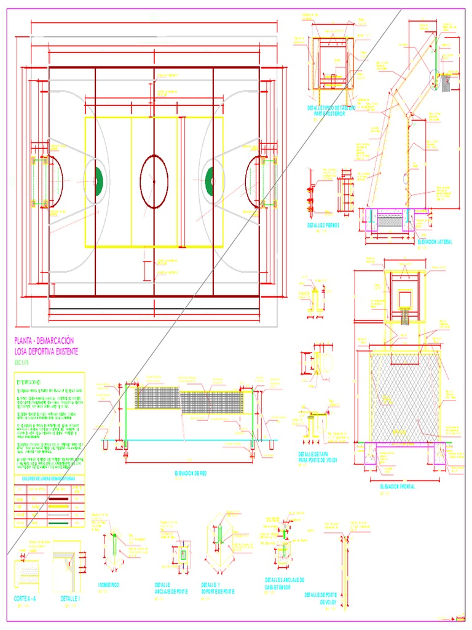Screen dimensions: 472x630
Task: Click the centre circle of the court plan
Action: (154, 179)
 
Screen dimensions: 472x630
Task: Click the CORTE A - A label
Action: (28, 598)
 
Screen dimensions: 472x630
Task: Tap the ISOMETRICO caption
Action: (109, 584)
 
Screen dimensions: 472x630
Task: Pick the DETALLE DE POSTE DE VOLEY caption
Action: (320, 599)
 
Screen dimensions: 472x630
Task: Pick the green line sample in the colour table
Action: (58, 522)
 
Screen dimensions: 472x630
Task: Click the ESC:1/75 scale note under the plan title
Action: (22, 362)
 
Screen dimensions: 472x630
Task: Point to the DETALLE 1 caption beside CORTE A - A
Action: (71, 598)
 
